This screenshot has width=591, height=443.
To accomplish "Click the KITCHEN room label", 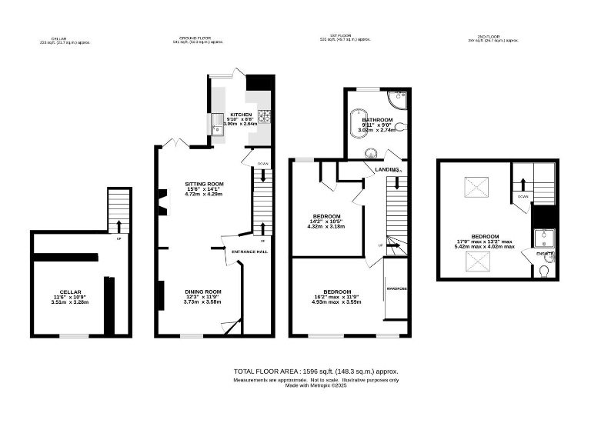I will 241,115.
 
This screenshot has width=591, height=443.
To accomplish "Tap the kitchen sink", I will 217,127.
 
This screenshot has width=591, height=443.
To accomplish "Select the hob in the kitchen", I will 265,116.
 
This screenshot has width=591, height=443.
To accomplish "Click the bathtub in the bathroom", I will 358,124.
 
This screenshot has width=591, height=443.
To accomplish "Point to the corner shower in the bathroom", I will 398,98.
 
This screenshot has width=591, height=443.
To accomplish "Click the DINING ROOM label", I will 203,291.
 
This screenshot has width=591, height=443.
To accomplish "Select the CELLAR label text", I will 71,292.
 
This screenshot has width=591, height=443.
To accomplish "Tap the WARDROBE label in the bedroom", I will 396,288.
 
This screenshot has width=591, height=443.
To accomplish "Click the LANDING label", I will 386,169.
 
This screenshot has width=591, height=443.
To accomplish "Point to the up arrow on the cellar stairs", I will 119,226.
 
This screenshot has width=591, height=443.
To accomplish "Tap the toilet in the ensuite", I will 546,270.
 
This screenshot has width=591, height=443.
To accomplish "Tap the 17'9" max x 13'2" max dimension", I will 485,241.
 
